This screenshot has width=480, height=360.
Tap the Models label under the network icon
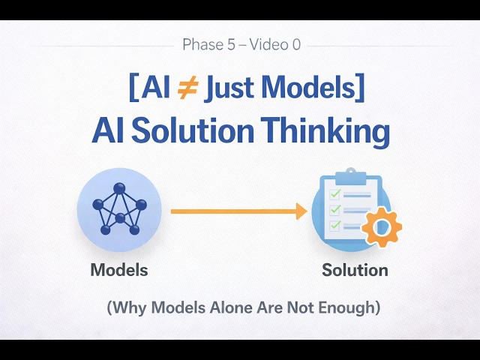tap(119, 269)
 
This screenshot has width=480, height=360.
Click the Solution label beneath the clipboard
tap(355, 269)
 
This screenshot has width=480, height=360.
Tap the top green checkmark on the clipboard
tap(334, 194)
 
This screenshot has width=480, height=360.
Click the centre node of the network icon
tap(119, 218)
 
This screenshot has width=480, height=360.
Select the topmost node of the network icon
tap(118, 189)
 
